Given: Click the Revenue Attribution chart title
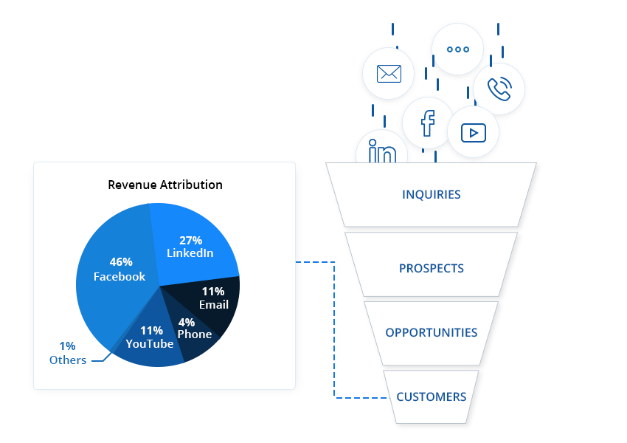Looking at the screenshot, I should pos(165,185).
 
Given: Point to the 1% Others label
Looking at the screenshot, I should pos(68,354).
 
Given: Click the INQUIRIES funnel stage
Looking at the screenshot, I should pos(432,195).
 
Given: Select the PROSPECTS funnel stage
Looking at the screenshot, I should pos(432,268).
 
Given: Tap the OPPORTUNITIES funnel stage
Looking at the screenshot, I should pos(432,332).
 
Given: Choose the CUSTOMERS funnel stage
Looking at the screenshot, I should pos(432,396).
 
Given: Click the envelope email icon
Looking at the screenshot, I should pos(388,74).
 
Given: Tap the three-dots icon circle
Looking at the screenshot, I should pos(457,49).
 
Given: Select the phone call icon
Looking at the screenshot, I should pos(499,89).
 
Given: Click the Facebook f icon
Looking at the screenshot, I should pos(428,123).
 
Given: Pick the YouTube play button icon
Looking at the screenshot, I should pos(473,132).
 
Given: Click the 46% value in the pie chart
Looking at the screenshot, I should pos(121,262).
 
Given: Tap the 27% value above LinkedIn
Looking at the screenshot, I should pos(190,240).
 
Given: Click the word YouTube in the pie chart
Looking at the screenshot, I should pos(150,344).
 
